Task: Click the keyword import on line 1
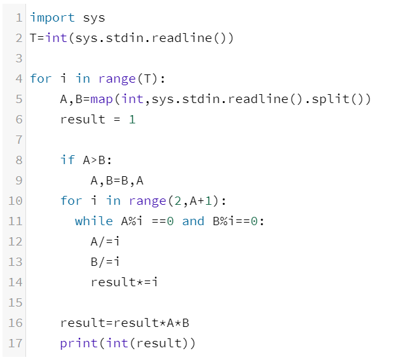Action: [52, 18]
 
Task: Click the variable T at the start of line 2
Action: [34, 38]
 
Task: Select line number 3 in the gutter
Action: [18, 59]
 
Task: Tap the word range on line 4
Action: [117, 79]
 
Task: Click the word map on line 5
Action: [101, 99]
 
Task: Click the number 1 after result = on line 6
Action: [132, 120]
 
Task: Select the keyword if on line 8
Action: [67, 160]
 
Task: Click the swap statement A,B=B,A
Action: [118, 180]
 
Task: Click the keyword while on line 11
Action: [93, 221]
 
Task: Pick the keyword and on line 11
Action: [193, 221]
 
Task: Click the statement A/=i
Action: [106, 241]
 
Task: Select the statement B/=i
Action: [106, 261]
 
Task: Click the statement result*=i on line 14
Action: [125, 282]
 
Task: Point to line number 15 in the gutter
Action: [15, 302]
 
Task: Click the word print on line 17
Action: [79, 343]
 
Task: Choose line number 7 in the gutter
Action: [18, 139]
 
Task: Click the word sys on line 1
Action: [94, 18]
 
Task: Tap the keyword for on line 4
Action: [41, 79]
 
